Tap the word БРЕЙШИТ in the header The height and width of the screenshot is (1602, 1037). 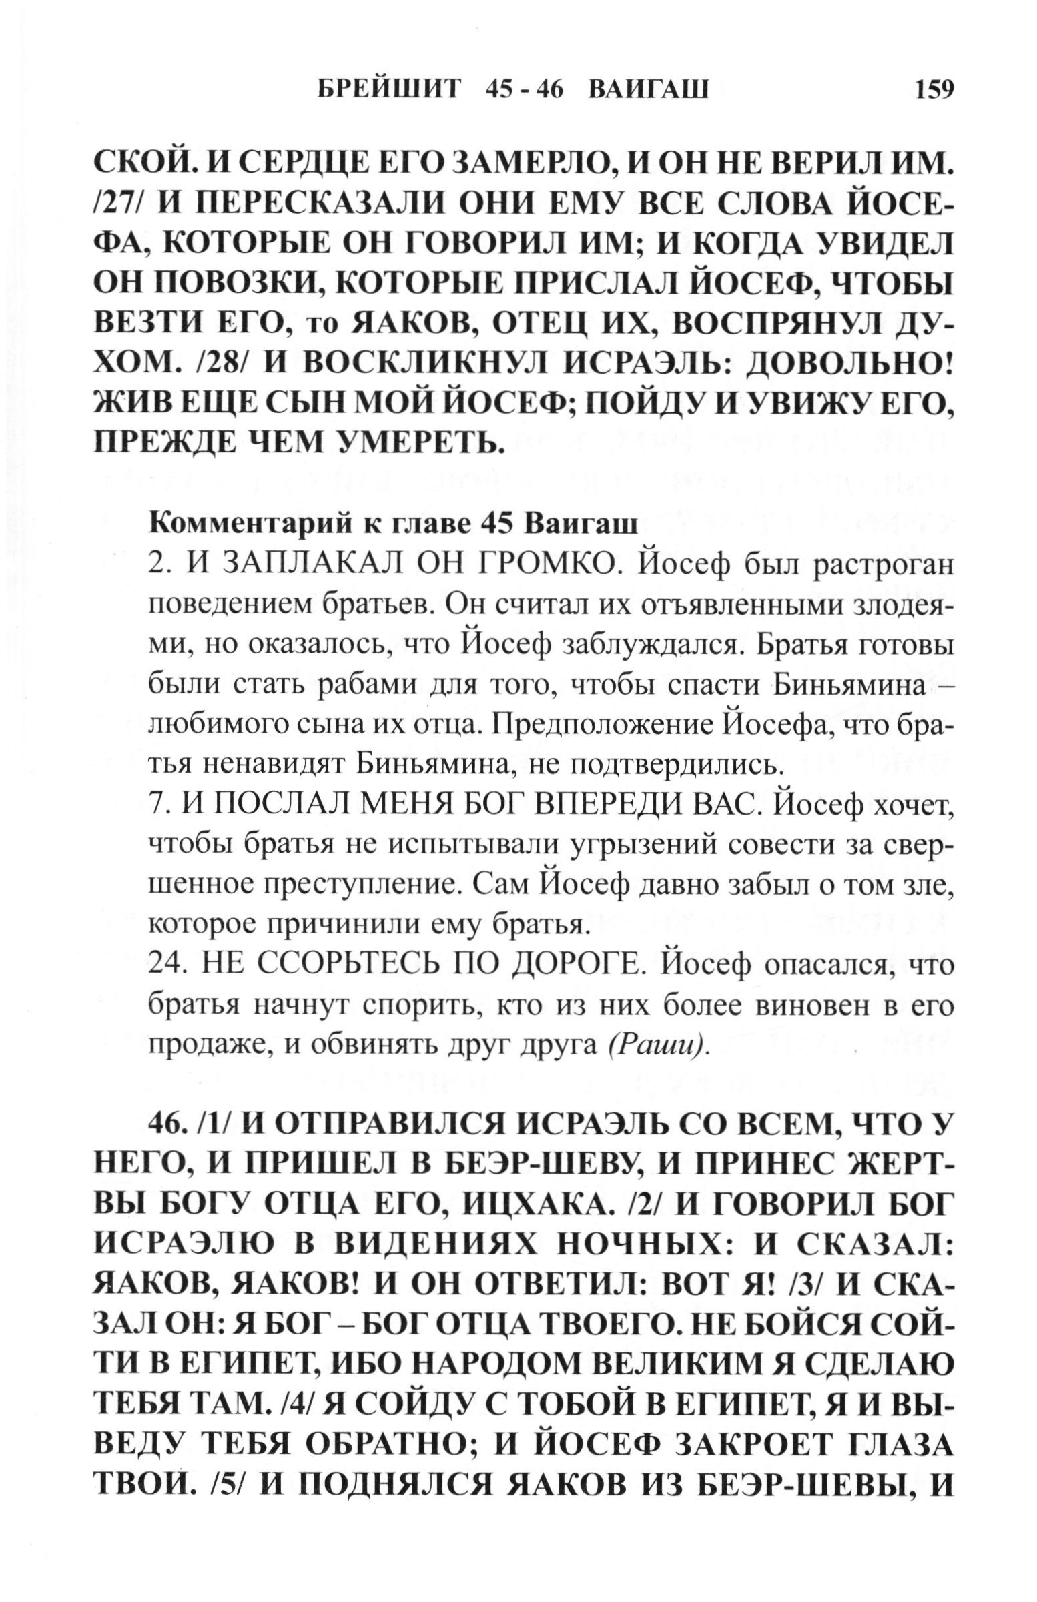[x=389, y=90]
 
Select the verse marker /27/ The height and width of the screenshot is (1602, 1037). [x=120, y=206]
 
